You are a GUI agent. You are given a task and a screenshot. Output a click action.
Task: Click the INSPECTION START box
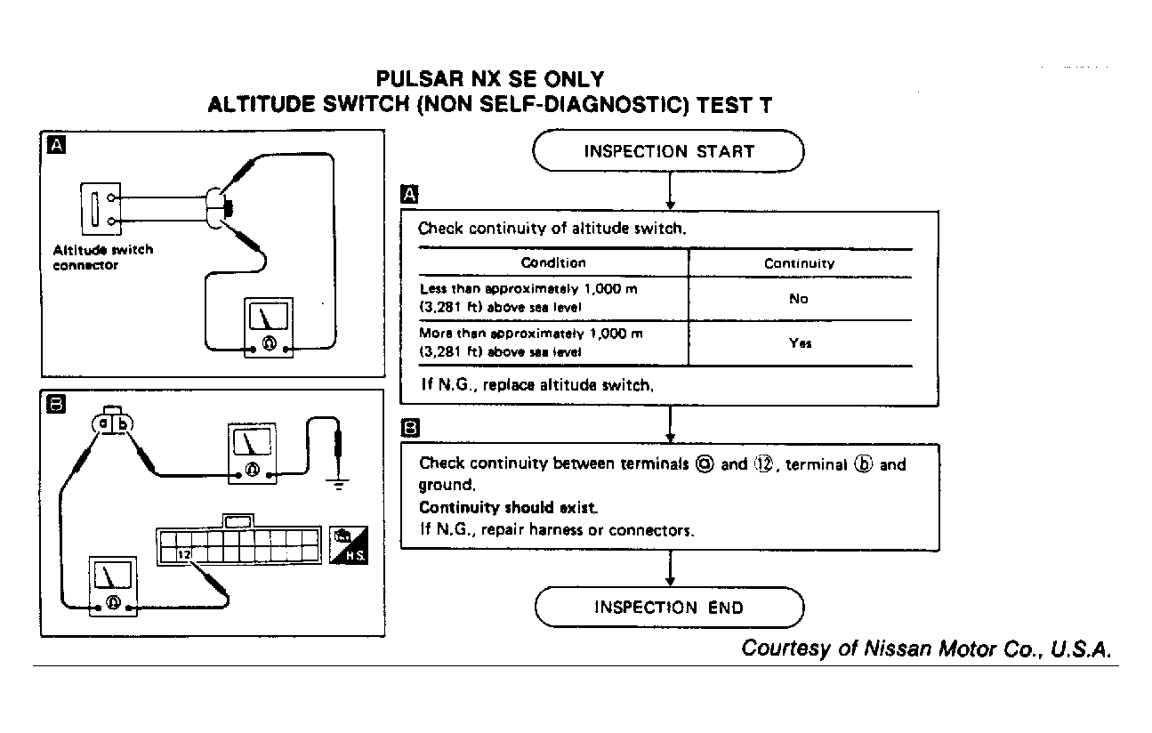(668, 151)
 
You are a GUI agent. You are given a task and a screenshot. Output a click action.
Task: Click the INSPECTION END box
(668, 608)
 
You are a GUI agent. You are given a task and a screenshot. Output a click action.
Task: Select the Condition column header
(552, 262)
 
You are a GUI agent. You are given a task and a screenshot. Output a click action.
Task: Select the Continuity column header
(799, 263)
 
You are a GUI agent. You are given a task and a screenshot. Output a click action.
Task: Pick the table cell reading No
(798, 299)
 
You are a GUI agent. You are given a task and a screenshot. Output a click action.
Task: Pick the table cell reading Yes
(800, 343)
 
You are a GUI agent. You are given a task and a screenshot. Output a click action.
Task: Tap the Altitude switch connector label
(102, 257)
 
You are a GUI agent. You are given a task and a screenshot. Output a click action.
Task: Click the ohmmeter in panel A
(268, 329)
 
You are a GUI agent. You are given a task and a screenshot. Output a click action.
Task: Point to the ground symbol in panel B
(338, 484)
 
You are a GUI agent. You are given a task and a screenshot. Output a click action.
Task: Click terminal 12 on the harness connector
(184, 554)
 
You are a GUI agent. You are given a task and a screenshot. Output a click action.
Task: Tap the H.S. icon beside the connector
(349, 544)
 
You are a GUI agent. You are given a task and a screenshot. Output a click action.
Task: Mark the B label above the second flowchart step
(410, 428)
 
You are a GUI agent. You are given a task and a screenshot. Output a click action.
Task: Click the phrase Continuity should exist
(508, 508)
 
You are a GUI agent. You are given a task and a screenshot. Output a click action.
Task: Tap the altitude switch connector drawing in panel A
(94, 209)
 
